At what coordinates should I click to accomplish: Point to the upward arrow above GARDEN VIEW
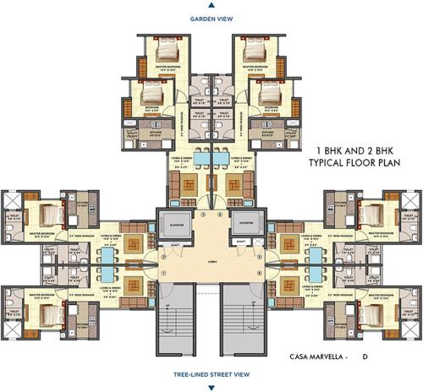coord(211,6)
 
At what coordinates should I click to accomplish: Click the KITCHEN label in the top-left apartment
coord(155,132)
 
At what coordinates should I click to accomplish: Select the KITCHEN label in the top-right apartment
coord(267,132)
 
